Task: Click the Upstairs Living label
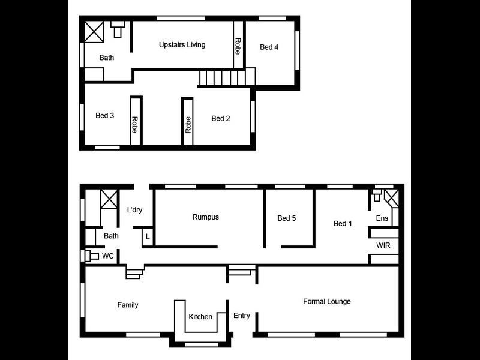tap(182, 44)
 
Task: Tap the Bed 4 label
tap(269, 47)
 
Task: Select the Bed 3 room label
tap(104, 115)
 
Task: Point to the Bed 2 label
tap(221, 118)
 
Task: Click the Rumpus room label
tap(206, 217)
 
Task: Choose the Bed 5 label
tap(287, 218)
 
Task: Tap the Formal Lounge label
tap(327, 302)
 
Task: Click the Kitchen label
tap(200, 317)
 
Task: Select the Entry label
tap(242, 316)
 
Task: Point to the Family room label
tap(128, 305)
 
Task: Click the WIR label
tap(383, 245)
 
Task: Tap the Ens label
tap(382, 218)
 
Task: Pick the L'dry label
tap(134, 210)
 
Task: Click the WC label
tap(108, 256)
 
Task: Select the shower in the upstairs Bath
tap(94, 32)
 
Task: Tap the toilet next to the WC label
tap(91, 256)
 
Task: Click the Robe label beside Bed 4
tap(238, 46)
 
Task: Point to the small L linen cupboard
tap(148, 236)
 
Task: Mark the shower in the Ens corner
tap(392, 199)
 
